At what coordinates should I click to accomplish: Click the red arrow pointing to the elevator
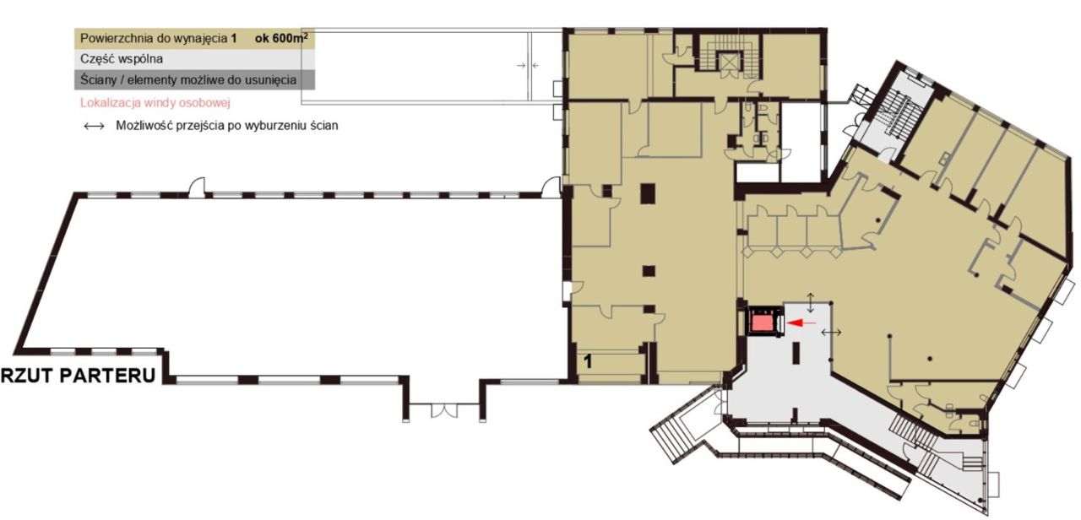801,322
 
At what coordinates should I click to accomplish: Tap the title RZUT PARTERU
79,376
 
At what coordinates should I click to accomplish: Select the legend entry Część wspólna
122,59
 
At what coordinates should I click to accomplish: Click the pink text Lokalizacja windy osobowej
155,103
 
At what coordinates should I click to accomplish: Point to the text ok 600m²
281,38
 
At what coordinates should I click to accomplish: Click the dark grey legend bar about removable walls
194,79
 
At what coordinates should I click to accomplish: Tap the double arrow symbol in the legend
94,126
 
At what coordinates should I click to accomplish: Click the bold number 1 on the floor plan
588,361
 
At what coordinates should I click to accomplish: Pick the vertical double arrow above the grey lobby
811,302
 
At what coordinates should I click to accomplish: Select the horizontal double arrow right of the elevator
832,332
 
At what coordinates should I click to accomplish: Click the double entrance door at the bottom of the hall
444,410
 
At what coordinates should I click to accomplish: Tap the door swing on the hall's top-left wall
197,187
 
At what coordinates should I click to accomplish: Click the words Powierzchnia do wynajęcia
154,39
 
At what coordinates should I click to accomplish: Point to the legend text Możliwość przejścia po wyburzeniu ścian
227,126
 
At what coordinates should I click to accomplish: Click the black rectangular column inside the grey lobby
796,353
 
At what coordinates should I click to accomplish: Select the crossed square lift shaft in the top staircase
725,62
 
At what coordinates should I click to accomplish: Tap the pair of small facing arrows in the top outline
528,65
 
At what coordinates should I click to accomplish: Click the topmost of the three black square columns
648,193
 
